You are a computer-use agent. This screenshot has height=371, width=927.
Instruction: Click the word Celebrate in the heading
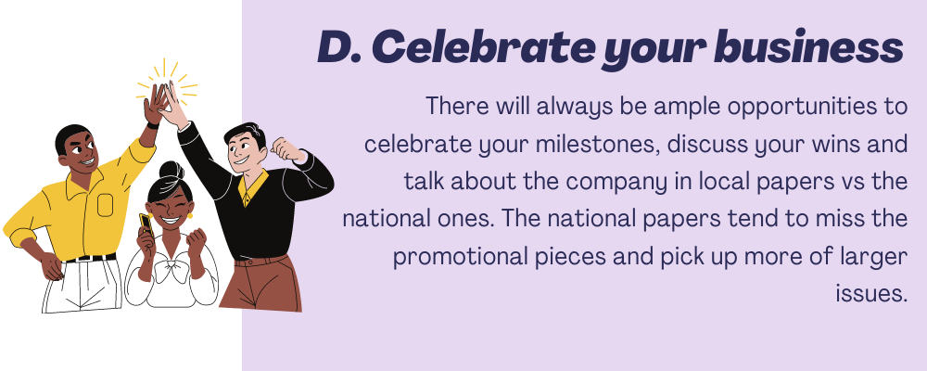pyautogui.click(x=480, y=46)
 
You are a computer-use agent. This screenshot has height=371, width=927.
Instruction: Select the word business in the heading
pyautogui.click(x=808, y=46)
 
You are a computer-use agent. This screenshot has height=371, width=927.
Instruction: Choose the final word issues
pyautogui.click(x=871, y=294)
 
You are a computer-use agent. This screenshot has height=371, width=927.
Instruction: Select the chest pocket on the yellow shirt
pyautogui.click(x=106, y=205)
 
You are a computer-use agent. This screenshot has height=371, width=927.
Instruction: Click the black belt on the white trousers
pyautogui.click(x=90, y=258)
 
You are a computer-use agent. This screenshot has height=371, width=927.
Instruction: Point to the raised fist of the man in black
pyautogui.click(x=286, y=147)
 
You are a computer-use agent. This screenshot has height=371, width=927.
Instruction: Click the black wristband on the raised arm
pyautogui.click(x=152, y=125)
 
